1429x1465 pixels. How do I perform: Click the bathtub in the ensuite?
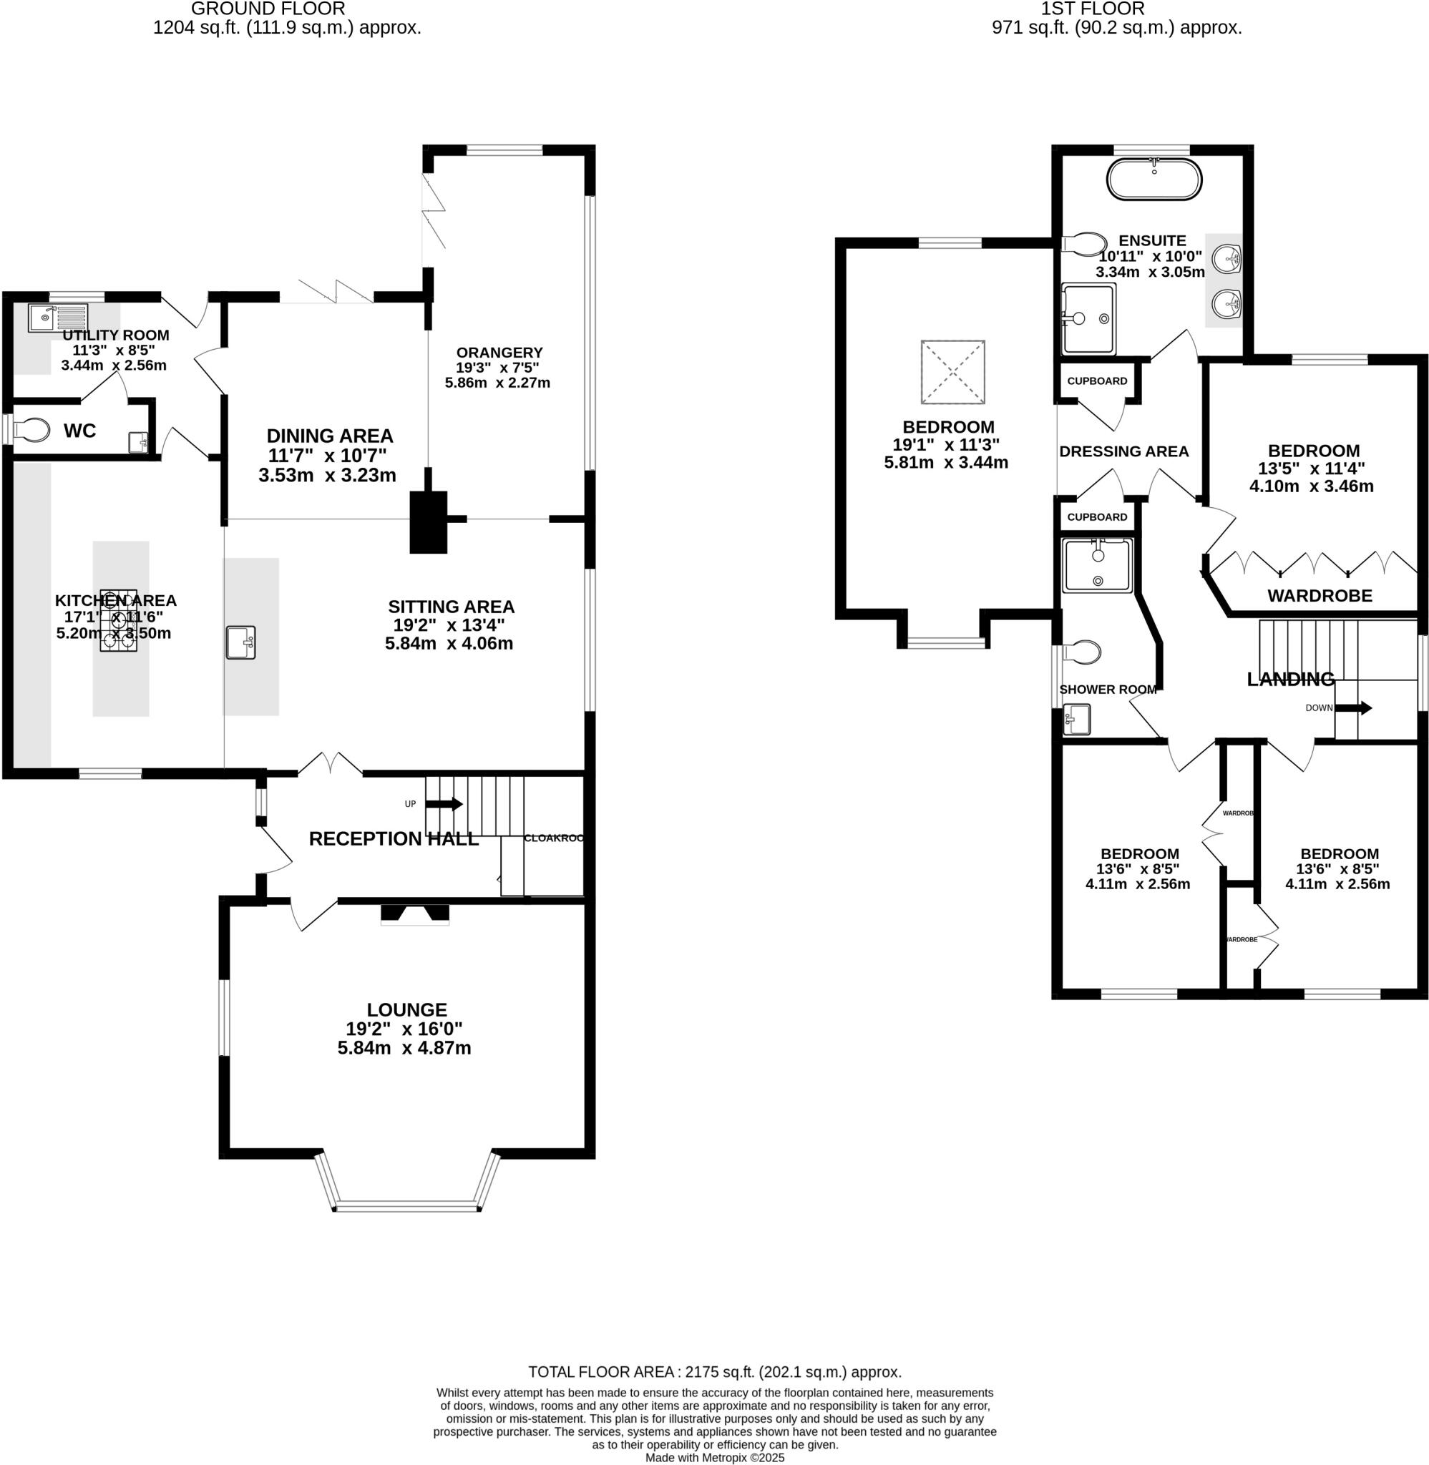coord(1154,180)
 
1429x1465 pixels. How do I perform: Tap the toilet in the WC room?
coord(32,431)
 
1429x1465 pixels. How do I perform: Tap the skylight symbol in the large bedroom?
coord(952,372)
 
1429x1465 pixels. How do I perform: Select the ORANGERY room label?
coord(499,353)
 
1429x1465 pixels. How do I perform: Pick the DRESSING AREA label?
coord(1123,451)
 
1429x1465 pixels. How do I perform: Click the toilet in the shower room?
coord(1084,652)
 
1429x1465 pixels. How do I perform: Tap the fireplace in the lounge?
coord(415,913)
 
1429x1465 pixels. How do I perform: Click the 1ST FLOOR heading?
coord(1092,9)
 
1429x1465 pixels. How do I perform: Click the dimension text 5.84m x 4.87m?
coord(404,1048)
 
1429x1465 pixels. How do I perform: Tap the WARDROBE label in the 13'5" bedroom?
coord(1320,596)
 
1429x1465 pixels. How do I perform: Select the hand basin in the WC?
coord(138,442)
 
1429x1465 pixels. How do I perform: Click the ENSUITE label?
coord(1152,241)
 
